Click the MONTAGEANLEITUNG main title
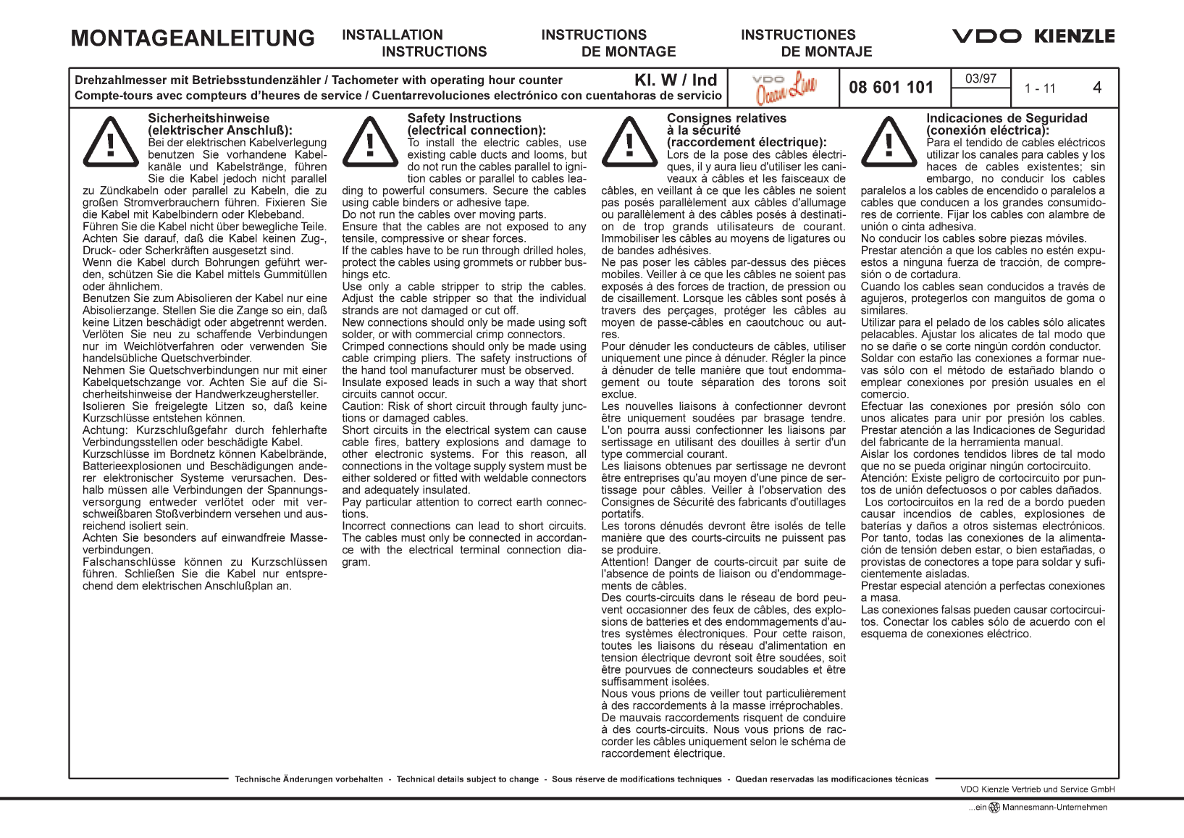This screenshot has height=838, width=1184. [x=193, y=38]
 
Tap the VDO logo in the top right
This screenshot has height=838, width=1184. [x=986, y=36]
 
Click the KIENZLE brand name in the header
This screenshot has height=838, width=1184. [x=1074, y=36]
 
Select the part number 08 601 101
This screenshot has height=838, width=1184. [x=891, y=88]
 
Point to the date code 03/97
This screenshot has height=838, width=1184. [x=981, y=78]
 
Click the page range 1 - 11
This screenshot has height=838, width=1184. [x=1040, y=88]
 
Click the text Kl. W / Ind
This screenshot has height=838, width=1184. [x=676, y=80]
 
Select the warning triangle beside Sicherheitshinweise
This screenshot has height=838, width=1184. [x=111, y=141]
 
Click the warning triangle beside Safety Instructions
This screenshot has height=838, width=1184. [x=370, y=141]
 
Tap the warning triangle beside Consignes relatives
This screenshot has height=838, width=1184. [x=629, y=141]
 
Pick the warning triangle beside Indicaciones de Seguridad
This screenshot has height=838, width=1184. [x=889, y=141]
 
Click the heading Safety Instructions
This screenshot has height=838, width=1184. [x=464, y=118]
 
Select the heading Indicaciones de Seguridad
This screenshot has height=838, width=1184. [x=1007, y=118]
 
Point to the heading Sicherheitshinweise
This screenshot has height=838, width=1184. [x=209, y=118]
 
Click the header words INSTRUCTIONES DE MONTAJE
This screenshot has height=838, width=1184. [x=805, y=43]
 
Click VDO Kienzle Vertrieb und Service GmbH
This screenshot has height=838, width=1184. [x=1037, y=789]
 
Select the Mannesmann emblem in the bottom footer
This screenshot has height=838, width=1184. [x=994, y=808]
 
